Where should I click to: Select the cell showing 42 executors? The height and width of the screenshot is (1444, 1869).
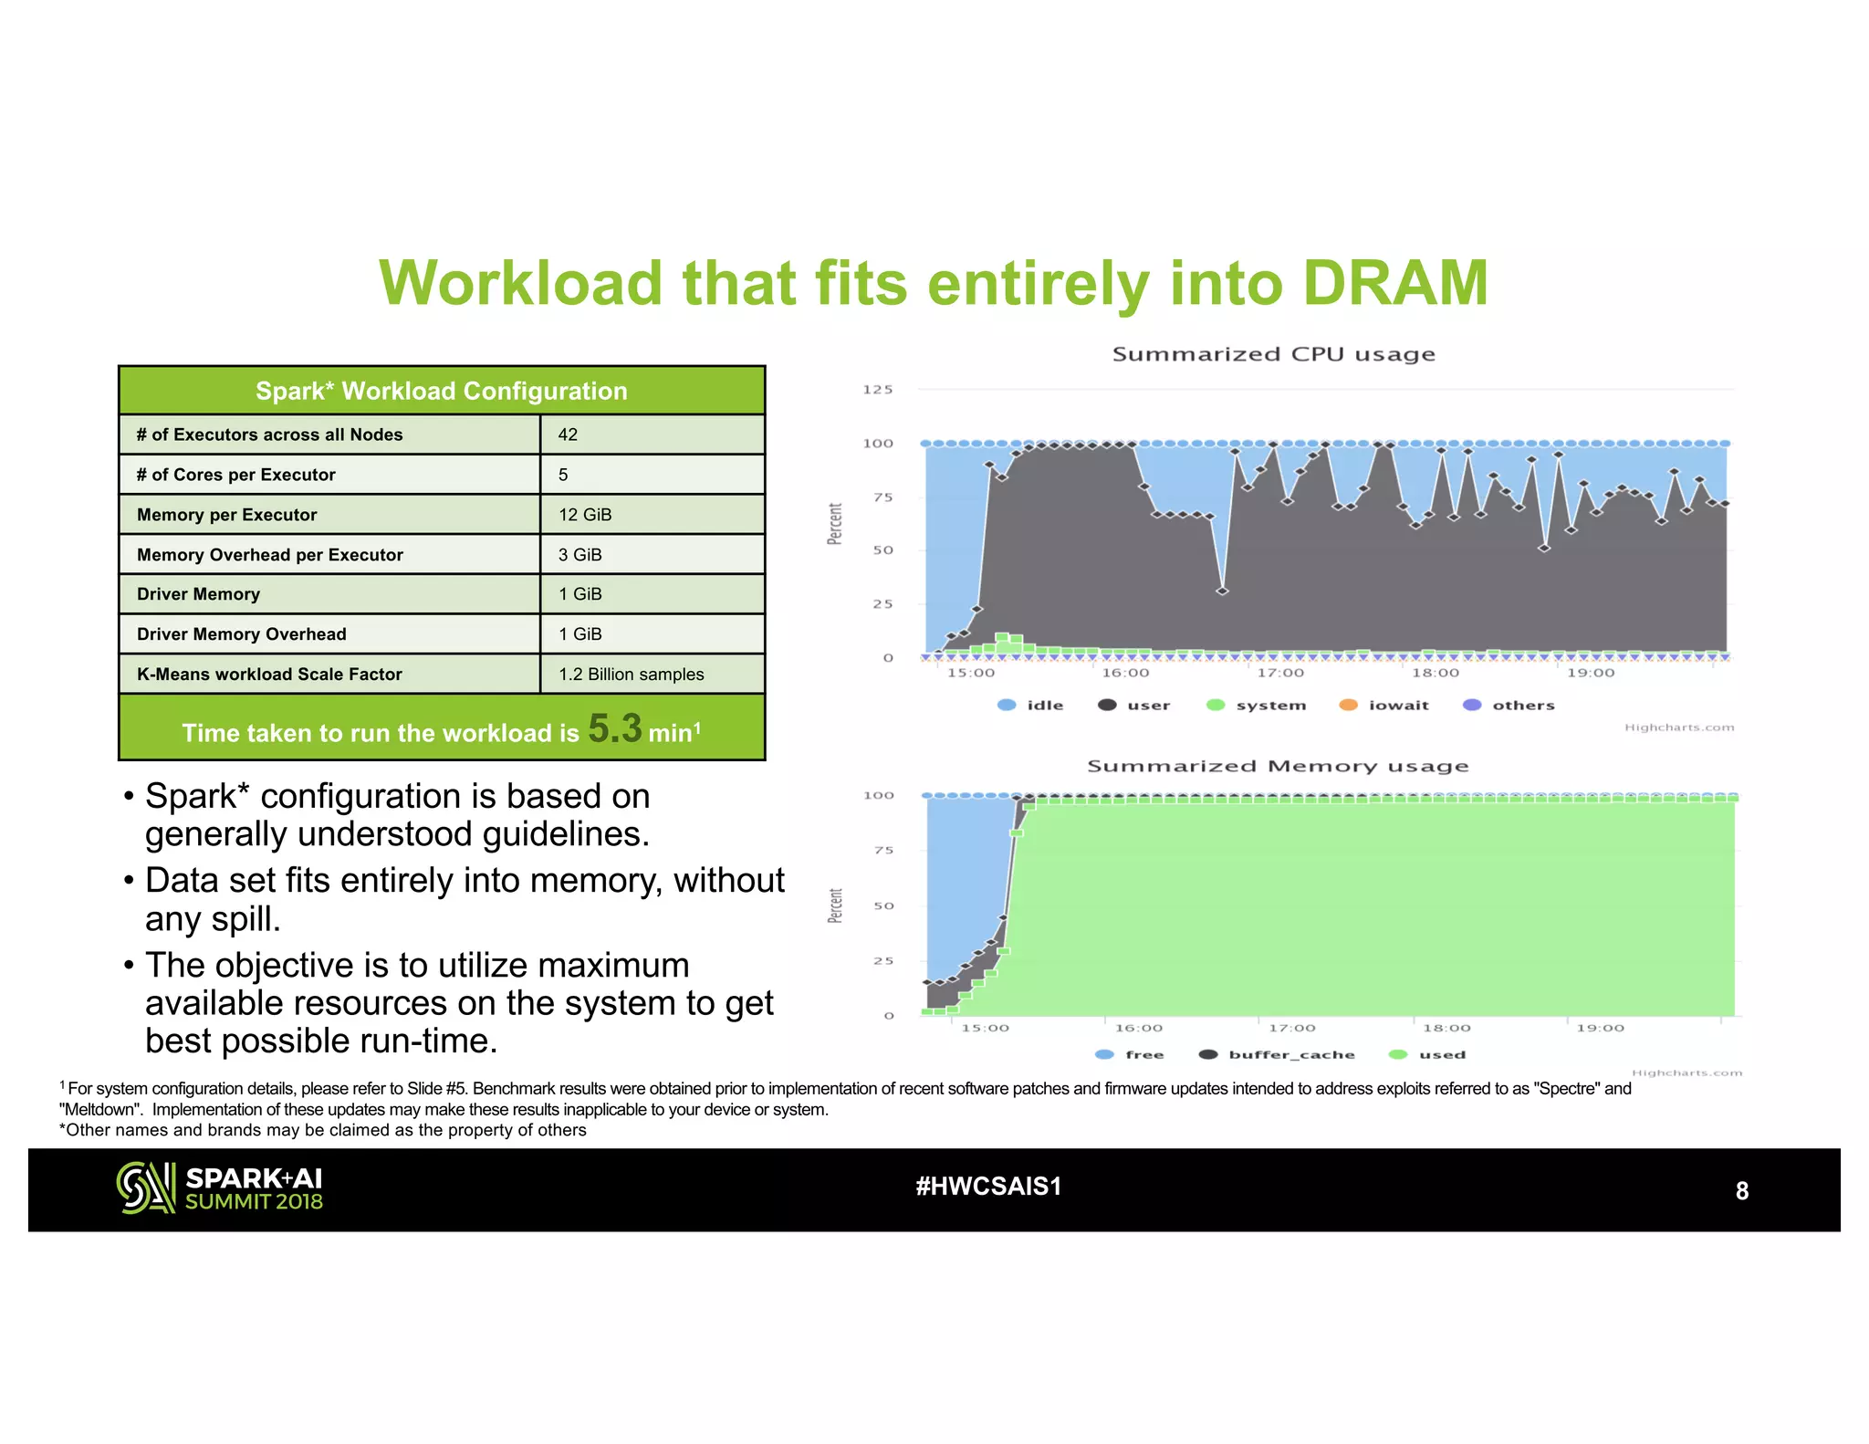(568, 434)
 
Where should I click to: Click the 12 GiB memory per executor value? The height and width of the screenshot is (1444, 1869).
(585, 515)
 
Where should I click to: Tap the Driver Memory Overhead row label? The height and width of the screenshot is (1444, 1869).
(241, 634)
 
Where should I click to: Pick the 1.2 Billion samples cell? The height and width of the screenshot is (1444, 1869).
(631, 675)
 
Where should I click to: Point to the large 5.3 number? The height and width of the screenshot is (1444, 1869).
(614, 728)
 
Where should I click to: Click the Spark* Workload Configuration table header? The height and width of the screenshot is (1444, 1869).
(441, 392)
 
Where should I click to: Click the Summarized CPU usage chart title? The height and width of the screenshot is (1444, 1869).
(1273, 354)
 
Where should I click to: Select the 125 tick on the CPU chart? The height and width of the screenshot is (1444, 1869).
(877, 390)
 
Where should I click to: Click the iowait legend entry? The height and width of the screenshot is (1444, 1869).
(1397, 706)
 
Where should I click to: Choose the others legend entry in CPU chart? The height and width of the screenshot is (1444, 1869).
(1522, 706)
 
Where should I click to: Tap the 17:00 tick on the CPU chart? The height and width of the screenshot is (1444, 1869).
(1279, 673)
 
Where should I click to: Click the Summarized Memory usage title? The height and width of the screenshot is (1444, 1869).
(1277, 767)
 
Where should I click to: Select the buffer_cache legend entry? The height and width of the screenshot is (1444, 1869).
(1290, 1054)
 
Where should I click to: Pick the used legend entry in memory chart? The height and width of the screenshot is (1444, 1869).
(1441, 1054)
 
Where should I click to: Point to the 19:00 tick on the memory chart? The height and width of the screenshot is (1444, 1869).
(1600, 1028)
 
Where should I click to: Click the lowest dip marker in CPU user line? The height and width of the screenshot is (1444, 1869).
(1222, 591)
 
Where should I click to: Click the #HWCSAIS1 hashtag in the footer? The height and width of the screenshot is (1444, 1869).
(988, 1187)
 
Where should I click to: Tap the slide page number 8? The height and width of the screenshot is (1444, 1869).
(1741, 1191)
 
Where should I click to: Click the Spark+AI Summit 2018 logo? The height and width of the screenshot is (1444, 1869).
(220, 1188)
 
